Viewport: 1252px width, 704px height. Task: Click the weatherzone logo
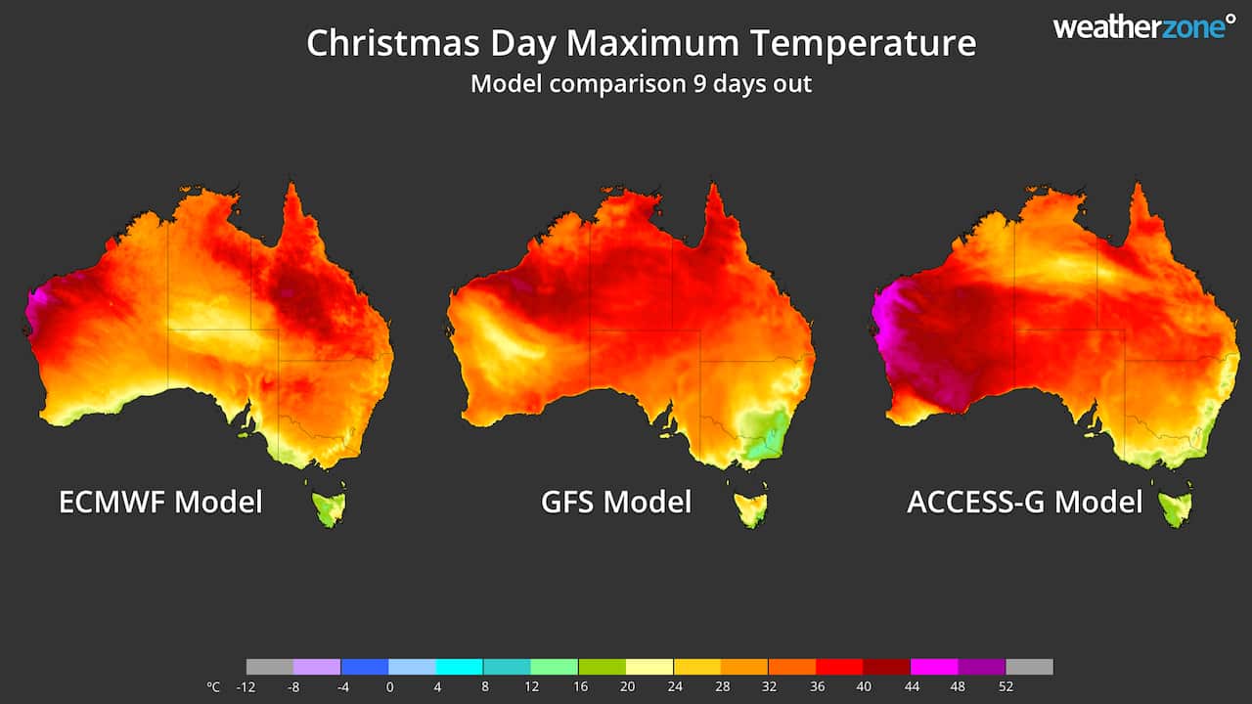tap(1143, 27)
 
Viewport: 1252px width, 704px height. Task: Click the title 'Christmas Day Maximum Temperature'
tap(641, 44)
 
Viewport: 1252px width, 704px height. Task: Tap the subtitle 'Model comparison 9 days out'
tap(641, 83)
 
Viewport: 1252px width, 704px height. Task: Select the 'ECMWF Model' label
tap(160, 502)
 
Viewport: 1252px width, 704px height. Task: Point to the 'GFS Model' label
tap(616, 502)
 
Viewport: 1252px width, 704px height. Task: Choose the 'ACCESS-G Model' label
tap(1024, 502)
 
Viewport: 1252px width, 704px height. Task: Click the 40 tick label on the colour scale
tap(864, 686)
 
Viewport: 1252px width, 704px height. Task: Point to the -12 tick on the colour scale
tap(246, 686)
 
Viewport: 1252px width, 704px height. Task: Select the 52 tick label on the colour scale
tap(1006, 686)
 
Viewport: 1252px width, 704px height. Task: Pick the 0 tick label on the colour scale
tap(389, 686)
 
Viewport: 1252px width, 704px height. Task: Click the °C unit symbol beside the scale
tap(213, 686)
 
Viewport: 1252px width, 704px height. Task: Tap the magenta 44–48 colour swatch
tap(934, 667)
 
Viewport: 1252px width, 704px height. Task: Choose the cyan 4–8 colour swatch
tap(460, 667)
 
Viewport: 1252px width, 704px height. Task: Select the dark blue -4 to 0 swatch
tap(365, 667)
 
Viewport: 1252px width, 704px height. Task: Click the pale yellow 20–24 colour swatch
tap(649, 667)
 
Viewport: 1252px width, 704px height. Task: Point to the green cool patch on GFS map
tap(763, 435)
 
